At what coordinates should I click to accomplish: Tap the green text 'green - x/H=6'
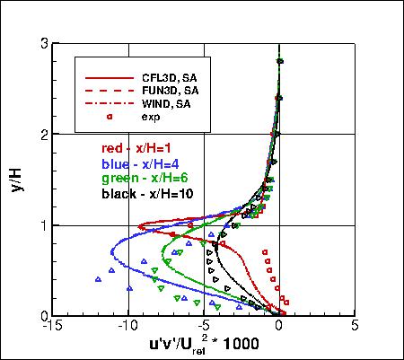coord(141,178)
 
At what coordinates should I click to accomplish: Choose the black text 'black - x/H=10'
coord(147,193)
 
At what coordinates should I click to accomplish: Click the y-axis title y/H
coord(21,179)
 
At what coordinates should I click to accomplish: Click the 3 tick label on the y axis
coord(44,43)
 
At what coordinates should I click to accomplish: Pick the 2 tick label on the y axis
coord(44,134)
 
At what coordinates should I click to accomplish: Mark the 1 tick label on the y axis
coord(44,225)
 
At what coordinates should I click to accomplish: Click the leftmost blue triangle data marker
coord(97,279)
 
